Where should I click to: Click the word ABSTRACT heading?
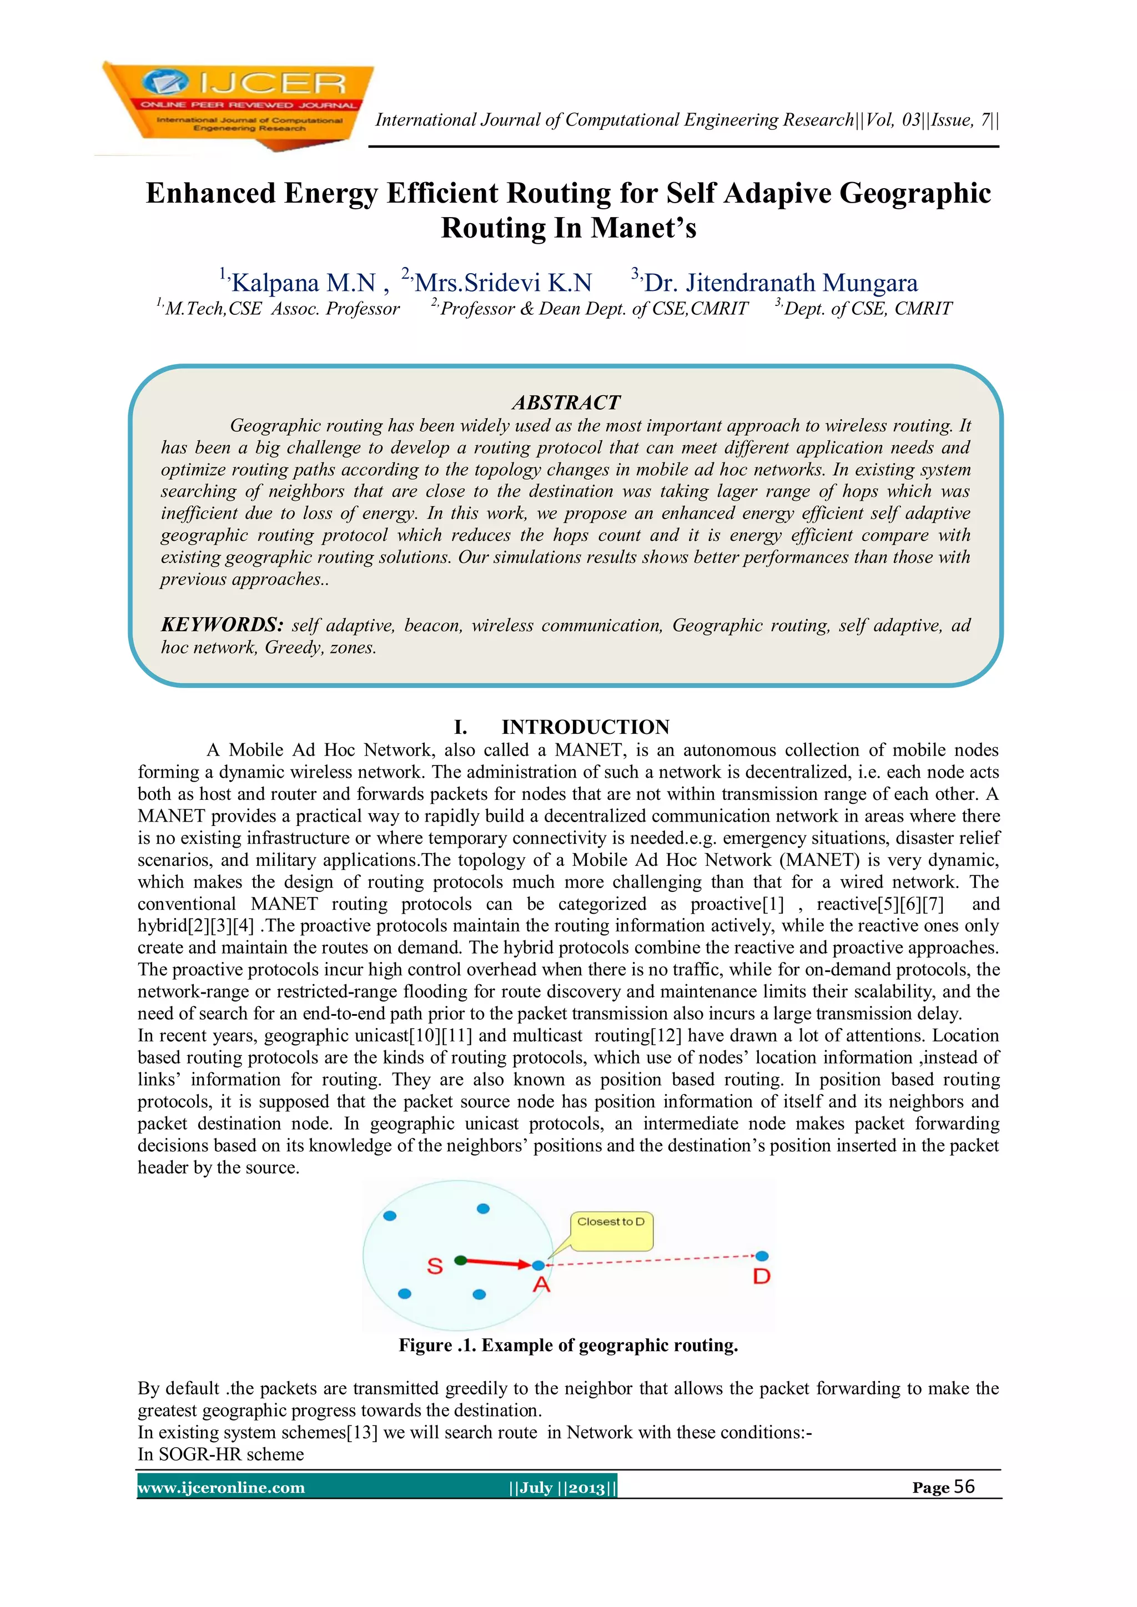point(566,402)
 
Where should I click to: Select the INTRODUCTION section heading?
point(585,727)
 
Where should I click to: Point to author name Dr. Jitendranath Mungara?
point(781,283)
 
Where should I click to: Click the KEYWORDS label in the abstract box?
point(222,624)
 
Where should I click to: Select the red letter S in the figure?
point(435,1266)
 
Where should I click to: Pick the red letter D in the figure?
point(762,1277)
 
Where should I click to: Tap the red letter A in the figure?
point(541,1285)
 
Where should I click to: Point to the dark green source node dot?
point(460,1260)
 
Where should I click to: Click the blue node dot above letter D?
point(762,1256)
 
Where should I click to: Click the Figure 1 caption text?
point(568,1345)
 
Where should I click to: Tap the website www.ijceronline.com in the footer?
point(222,1487)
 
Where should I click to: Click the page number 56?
point(964,1487)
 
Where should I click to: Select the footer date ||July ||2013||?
point(563,1487)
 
